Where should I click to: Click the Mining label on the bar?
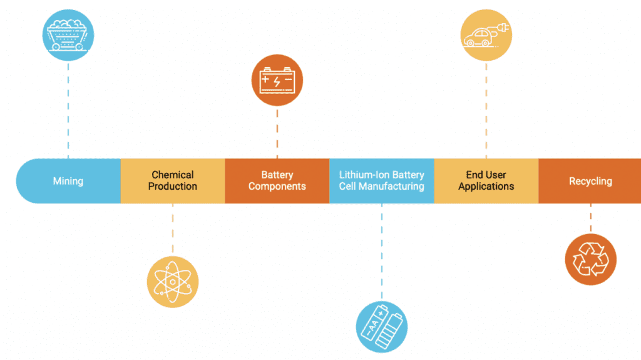[68, 181]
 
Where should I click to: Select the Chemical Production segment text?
[172, 180]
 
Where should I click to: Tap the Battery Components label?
[277, 180]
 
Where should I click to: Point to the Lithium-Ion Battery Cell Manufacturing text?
[381, 180]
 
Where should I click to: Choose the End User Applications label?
[486, 180]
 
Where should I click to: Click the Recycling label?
[590, 181]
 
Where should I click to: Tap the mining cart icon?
[68, 35]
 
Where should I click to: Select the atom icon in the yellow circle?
[172, 282]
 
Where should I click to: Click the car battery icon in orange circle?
[277, 80]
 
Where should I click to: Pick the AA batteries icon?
[381, 326]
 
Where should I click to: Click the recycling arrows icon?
[590, 259]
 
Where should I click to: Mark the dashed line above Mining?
[68, 110]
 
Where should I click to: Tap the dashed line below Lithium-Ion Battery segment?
[381, 250]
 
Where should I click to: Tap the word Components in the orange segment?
[277, 187]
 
